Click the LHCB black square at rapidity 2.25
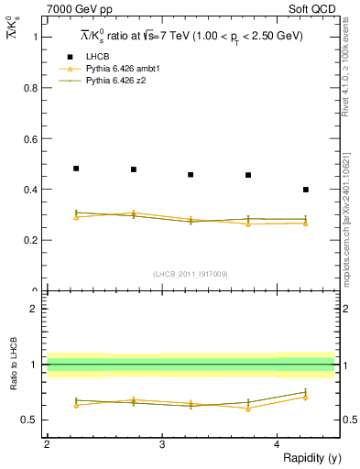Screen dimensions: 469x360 (76, 169)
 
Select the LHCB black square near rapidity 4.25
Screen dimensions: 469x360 (306, 190)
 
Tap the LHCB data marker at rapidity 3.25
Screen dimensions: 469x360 (191, 174)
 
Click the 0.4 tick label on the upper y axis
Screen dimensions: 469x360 (30, 190)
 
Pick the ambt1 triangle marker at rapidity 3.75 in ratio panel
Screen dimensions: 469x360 (248, 409)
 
